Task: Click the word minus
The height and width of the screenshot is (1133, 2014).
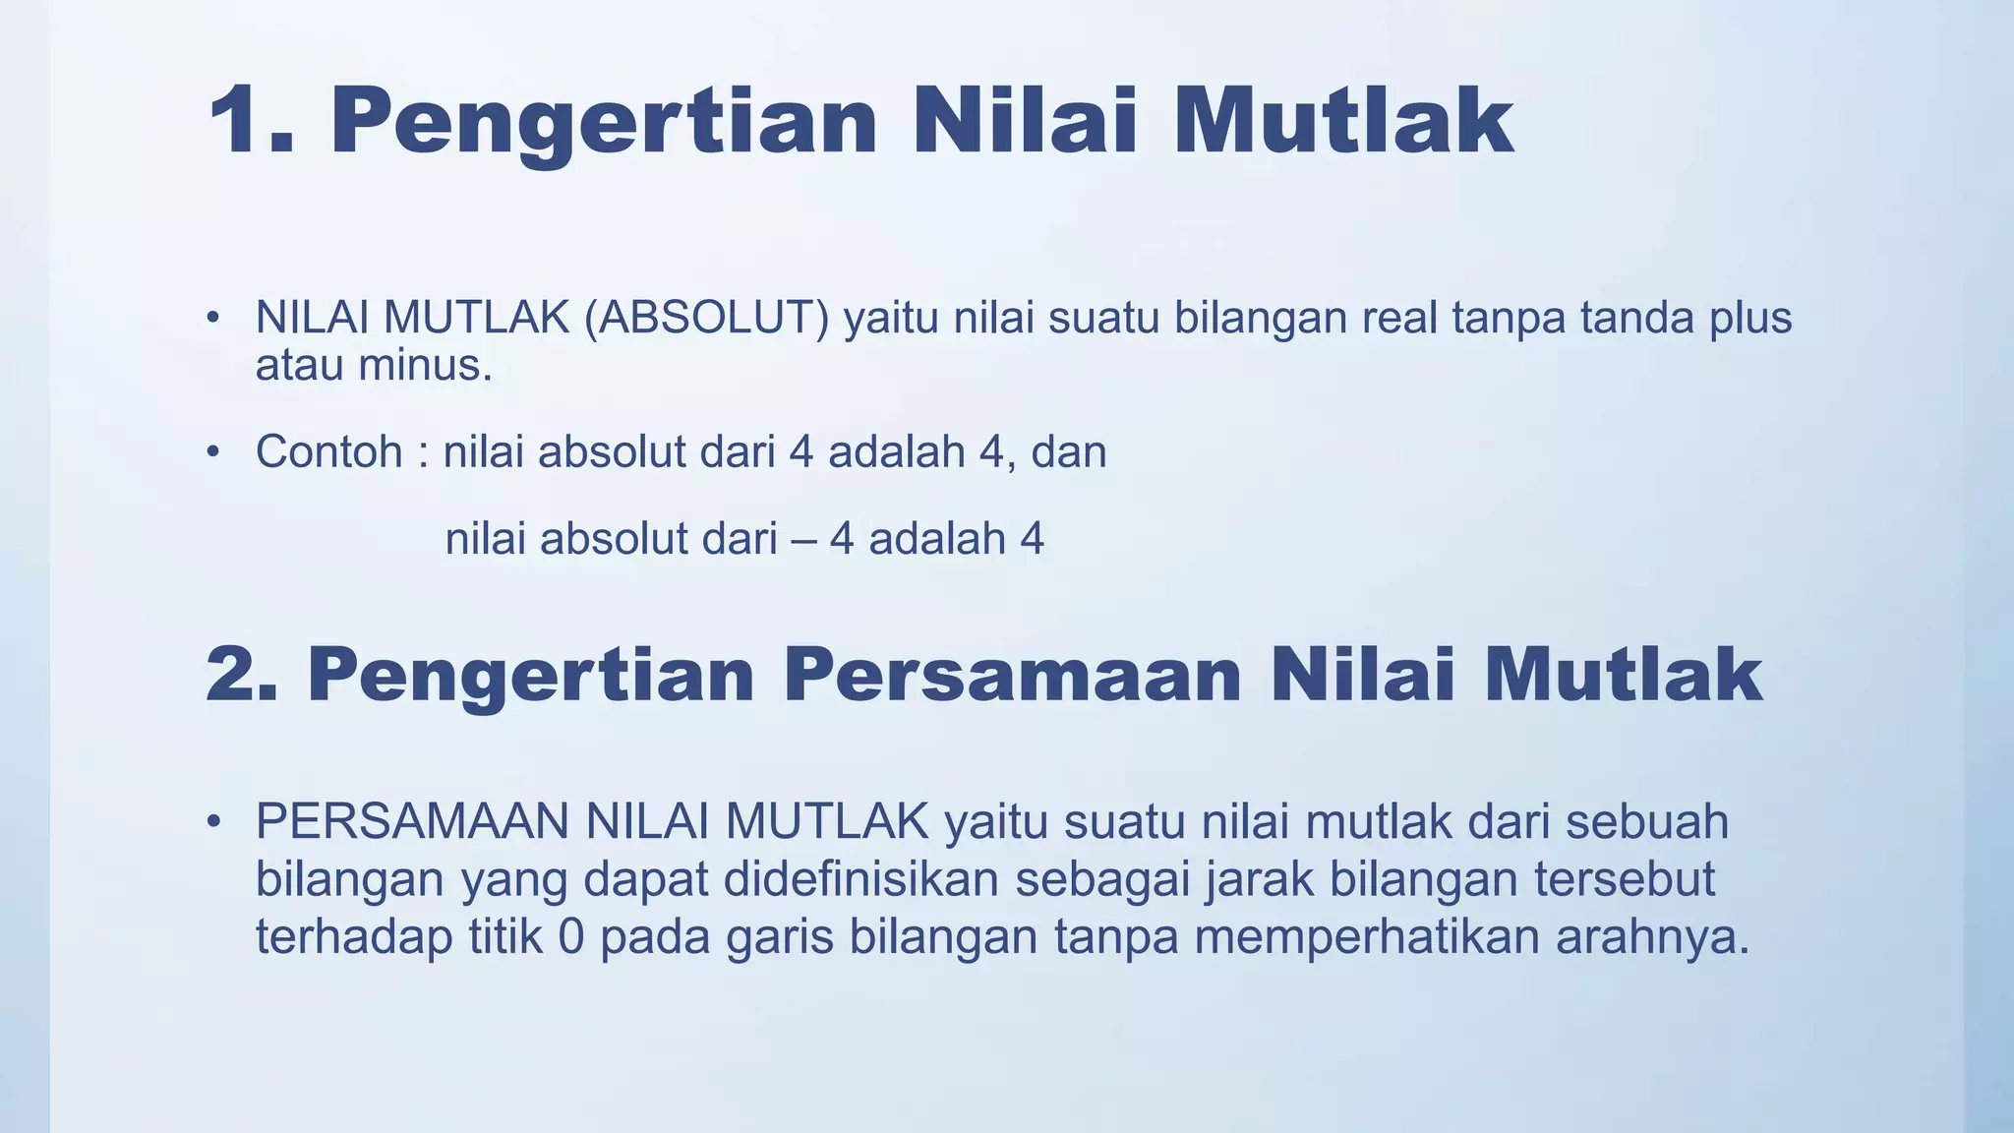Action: [425, 366]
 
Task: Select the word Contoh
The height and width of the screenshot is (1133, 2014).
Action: [328, 452]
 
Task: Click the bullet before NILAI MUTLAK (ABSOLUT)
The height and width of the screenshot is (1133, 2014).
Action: [211, 319]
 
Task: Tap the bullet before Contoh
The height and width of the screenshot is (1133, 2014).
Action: [211, 453]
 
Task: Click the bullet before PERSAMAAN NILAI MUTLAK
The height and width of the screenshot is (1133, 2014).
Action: [211, 822]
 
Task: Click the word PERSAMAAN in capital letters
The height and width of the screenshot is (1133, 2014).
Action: [412, 822]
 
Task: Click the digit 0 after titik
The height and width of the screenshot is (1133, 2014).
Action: [570, 937]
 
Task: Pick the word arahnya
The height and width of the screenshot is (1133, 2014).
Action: [1652, 937]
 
